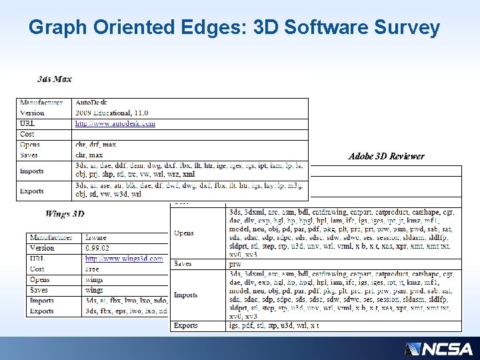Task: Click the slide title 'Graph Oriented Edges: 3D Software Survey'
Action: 234,27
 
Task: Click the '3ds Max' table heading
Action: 55,79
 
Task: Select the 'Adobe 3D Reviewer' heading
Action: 386,157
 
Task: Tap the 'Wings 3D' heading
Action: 65,214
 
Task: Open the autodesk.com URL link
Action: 115,123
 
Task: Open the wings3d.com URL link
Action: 124,259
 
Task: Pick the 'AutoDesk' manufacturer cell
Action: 91,103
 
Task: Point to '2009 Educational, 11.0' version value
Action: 111,113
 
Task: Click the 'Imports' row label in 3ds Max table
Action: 32,171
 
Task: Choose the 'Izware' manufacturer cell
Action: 96,237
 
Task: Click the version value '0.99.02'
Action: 98,248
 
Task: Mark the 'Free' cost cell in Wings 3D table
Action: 93,269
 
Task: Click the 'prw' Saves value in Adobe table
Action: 235,264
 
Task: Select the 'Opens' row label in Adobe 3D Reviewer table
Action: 184,233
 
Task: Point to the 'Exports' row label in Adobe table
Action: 186,325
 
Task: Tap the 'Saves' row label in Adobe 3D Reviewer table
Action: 183,264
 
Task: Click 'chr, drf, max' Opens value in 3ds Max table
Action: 96,145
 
